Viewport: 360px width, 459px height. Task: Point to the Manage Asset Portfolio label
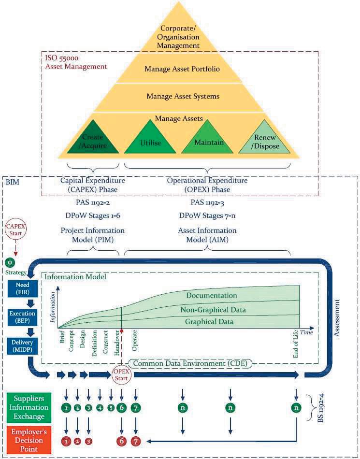182,69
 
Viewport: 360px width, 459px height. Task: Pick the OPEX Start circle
121,373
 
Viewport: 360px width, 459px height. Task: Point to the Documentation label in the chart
212,295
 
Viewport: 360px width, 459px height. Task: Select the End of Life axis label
296,346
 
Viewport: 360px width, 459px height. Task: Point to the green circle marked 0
9,262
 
